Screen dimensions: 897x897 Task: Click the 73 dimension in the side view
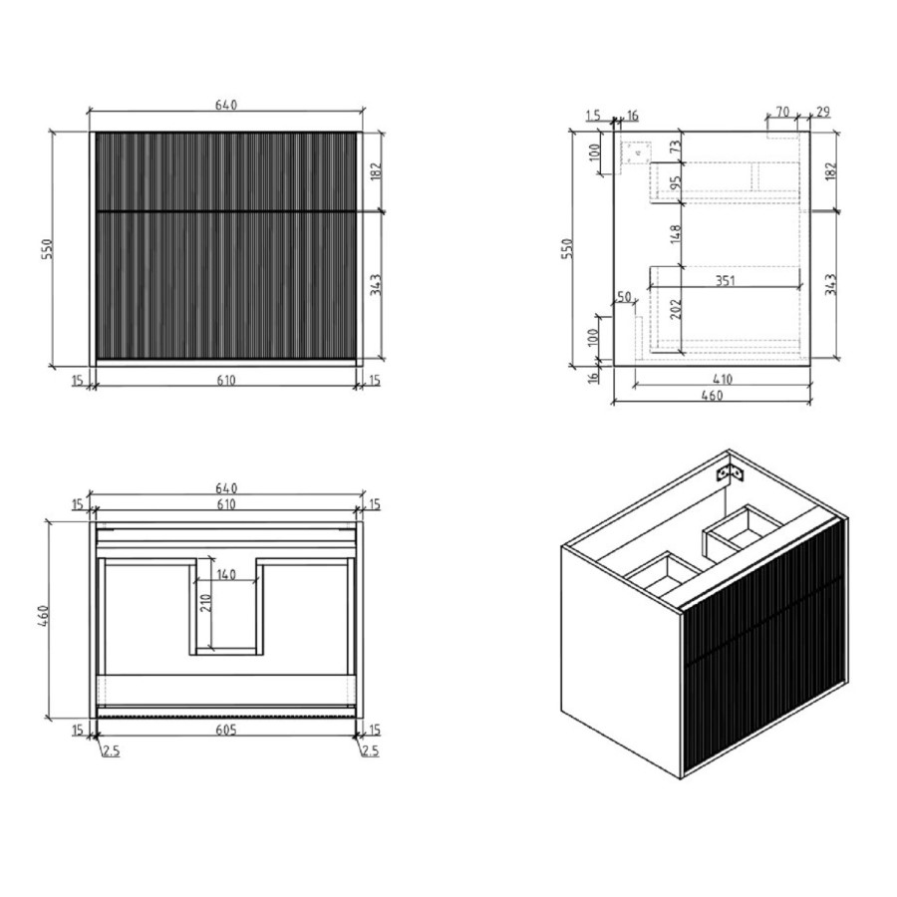click(675, 148)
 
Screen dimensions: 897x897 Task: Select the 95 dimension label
click(675, 184)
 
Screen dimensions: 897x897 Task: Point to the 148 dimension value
click(675, 235)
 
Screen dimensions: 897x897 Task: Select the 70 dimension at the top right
click(781, 111)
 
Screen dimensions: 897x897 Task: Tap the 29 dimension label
click(823, 111)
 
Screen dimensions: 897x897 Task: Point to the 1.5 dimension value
click(595, 116)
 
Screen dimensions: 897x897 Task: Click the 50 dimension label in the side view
click(625, 297)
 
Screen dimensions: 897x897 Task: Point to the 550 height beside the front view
click(47, 248)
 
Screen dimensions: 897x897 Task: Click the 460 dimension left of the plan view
click(47, 618)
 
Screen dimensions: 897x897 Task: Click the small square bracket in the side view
click(635, 152)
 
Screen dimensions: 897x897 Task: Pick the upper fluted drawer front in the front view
click(225, 170)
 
